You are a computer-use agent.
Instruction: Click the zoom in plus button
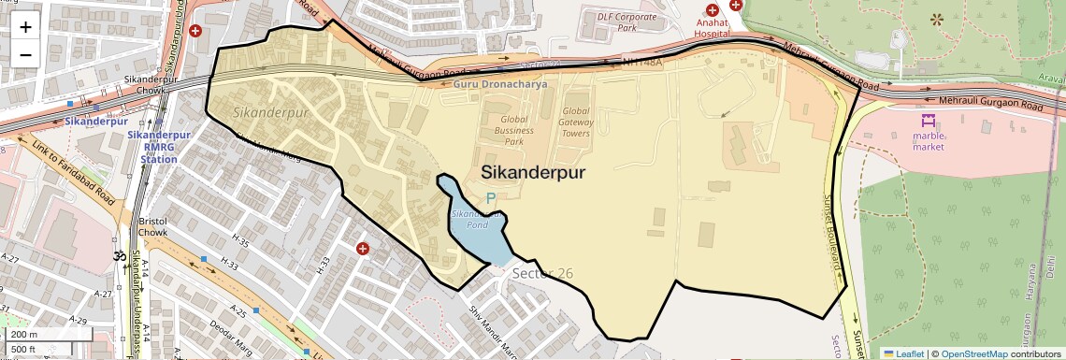25,27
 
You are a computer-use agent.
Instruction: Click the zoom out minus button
25,55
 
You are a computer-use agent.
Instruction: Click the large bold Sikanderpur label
534,173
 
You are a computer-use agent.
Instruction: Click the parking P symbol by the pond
490,198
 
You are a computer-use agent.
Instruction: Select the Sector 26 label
541,273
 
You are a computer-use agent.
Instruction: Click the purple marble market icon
929,121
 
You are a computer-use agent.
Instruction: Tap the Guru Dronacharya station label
500,84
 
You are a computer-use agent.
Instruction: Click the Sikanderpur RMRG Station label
158,147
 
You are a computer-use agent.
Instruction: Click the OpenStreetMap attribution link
975,353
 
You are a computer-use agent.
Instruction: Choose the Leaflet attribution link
903,353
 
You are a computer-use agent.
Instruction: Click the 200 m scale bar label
24,334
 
